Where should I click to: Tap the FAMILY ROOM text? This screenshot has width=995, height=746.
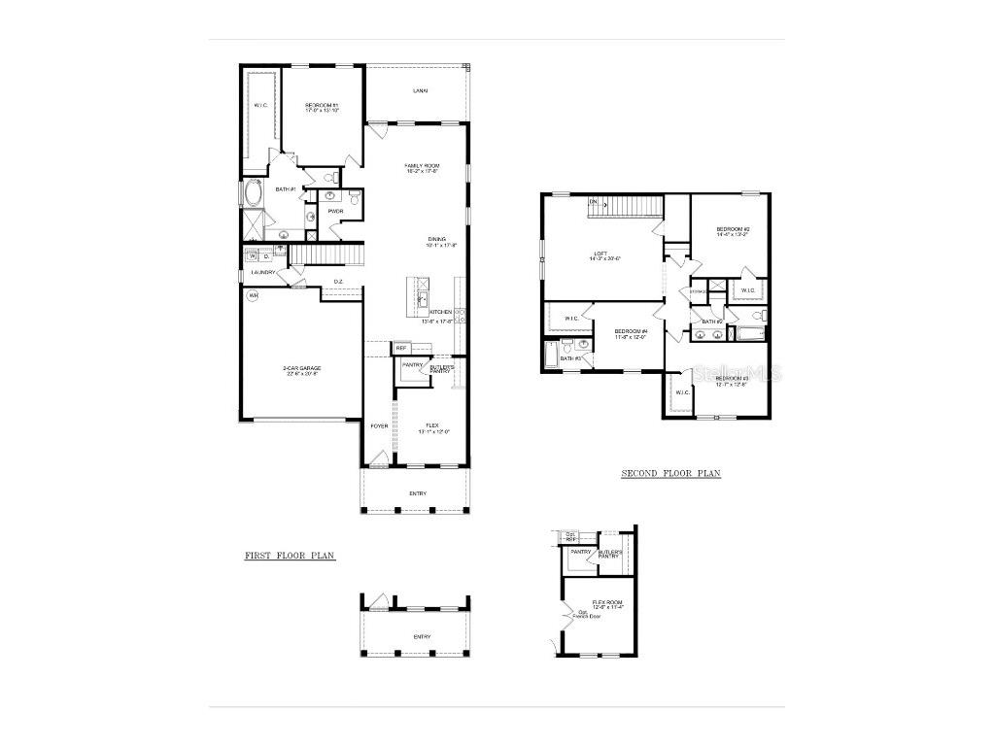pyautogui.click(x=423, y=166)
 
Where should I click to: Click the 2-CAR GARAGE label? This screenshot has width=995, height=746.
pyautogui.click(x=302, y=368)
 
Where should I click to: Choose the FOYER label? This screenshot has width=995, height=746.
pyautogui.click(x=378, y=425)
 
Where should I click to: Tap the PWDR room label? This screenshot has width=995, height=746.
pyautogui.click(x=336, y=211)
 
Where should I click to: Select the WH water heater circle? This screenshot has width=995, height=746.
pyautogui.click(x=254, y=295)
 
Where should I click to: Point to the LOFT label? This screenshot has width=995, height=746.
pyautogui.click(x=600, y=255)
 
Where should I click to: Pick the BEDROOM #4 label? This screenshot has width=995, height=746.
pyautogui.click(x=630, y=331)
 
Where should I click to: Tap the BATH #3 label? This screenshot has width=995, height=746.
pyautogui.click(x=570, y=359)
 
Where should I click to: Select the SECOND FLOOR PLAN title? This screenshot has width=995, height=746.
pyautogui.click(x=670, y=474)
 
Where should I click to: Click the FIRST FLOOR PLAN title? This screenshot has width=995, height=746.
pyautogui.click(x=290, y=556)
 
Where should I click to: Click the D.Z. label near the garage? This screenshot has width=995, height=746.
pyautogui.click(x=338, y=282)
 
